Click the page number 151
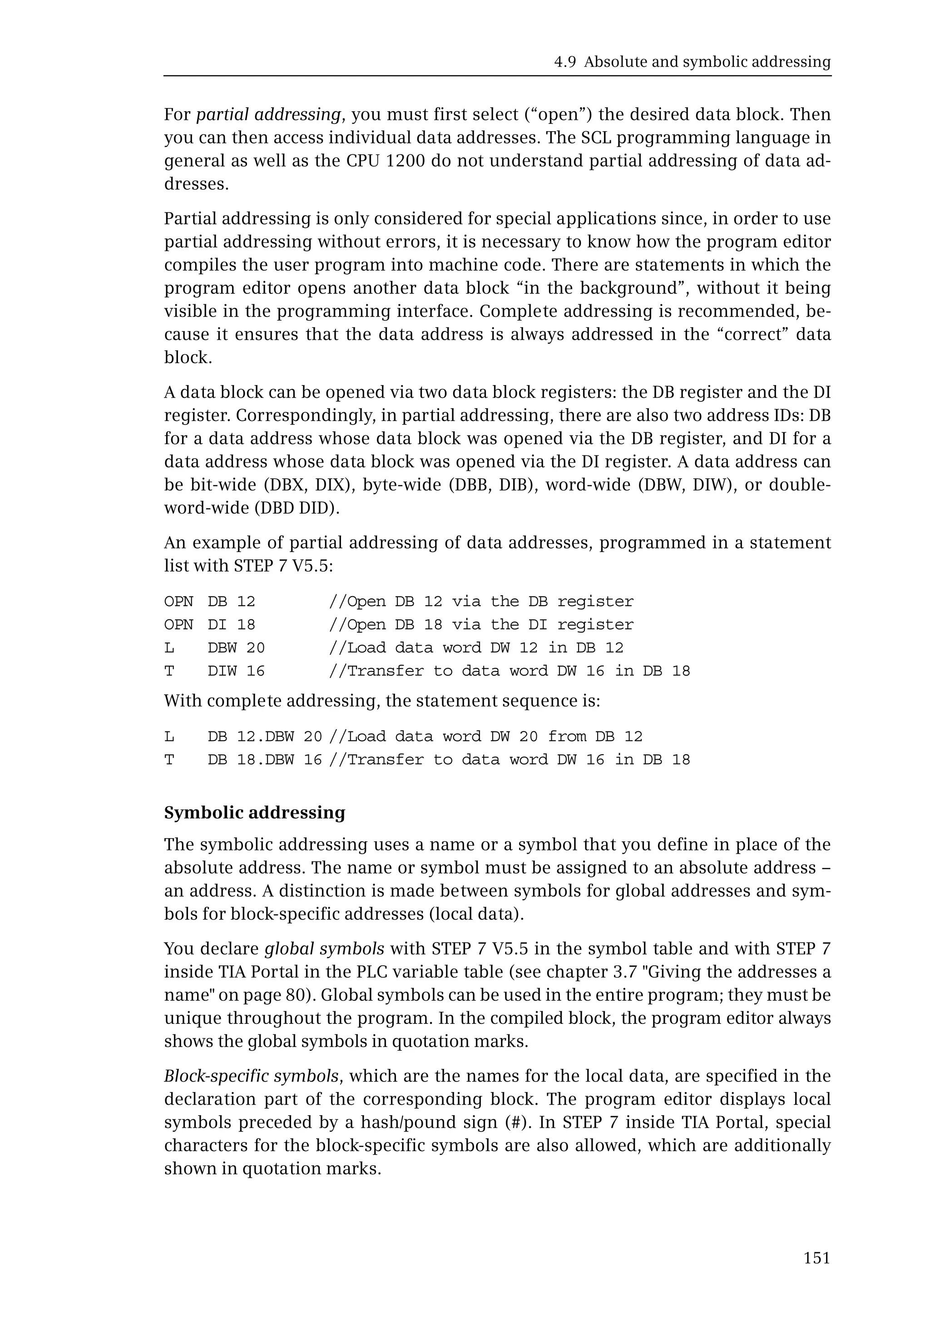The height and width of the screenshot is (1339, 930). coord(816,1258)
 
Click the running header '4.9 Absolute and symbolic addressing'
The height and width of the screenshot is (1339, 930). coord(692,62)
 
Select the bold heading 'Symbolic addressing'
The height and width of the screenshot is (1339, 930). coord(255,812)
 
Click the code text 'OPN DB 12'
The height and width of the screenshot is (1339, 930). coord(210,601)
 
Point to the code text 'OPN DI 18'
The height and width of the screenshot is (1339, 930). coord(210,625)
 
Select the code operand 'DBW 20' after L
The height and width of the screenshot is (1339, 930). coord(236,648)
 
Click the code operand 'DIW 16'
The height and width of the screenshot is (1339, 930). coord(236,671)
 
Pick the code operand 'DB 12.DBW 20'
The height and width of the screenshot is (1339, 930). coord(265,736)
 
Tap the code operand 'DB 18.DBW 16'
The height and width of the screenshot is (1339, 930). coord(265,760)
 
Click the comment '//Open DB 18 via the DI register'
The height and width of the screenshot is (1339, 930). coord(481,625)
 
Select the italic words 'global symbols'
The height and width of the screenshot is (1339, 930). coord(324,949)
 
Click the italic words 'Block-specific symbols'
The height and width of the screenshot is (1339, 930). coord(251,1076)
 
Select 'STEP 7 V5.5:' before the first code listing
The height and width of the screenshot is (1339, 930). coord(283,566)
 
